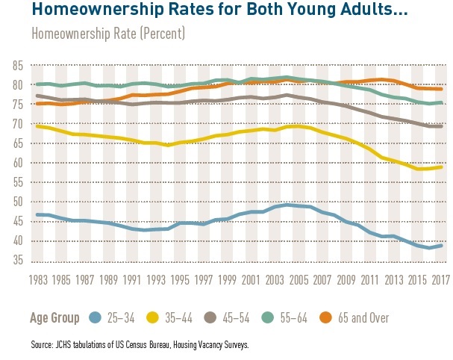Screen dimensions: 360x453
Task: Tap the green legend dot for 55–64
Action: pos(302,317)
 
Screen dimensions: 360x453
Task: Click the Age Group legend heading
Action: pos(55,318)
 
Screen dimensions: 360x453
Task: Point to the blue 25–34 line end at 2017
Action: pos(442,246)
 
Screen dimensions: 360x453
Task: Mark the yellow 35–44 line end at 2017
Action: pos(442,167)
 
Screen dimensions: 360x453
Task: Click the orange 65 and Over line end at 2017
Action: pos(442,89)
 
